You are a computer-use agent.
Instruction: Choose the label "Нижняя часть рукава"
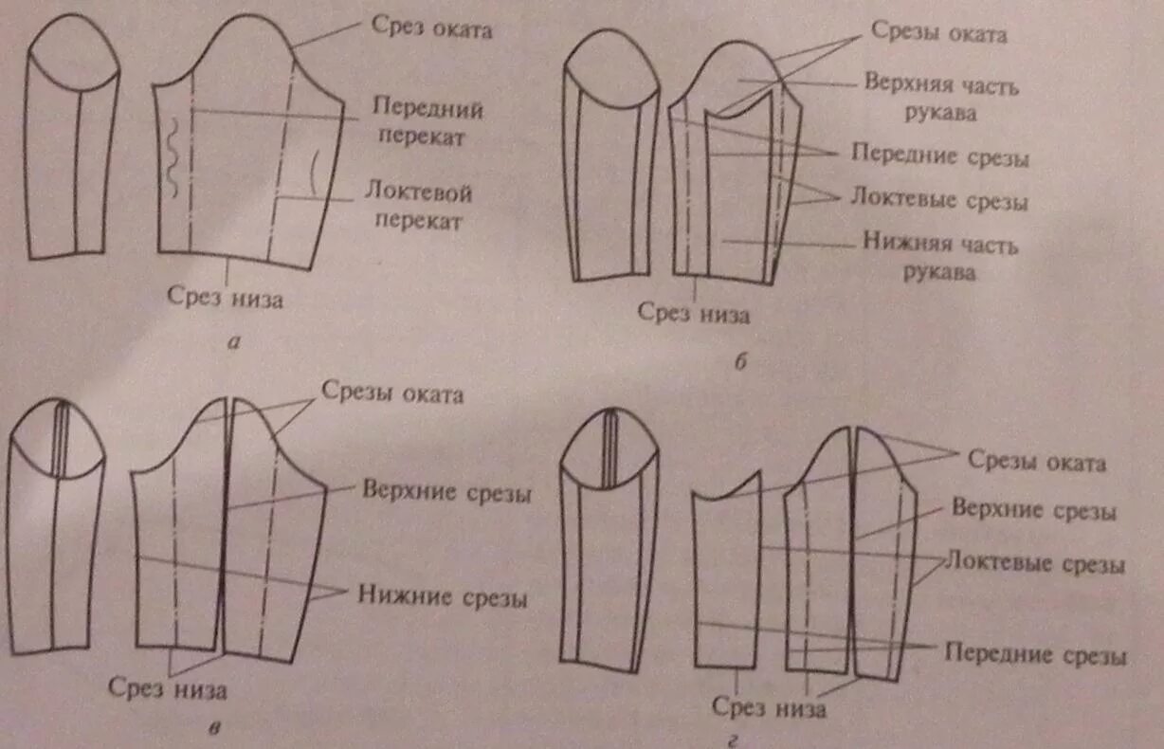939,258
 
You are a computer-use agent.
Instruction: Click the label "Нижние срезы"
443,597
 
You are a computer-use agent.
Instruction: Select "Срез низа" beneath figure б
693,314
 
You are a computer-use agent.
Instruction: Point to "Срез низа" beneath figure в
167,687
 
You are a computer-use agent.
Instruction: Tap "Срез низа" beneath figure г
769,707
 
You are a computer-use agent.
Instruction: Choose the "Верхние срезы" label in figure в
446,494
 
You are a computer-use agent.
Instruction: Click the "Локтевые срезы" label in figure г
1036,565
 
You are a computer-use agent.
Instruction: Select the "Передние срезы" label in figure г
1035,655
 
